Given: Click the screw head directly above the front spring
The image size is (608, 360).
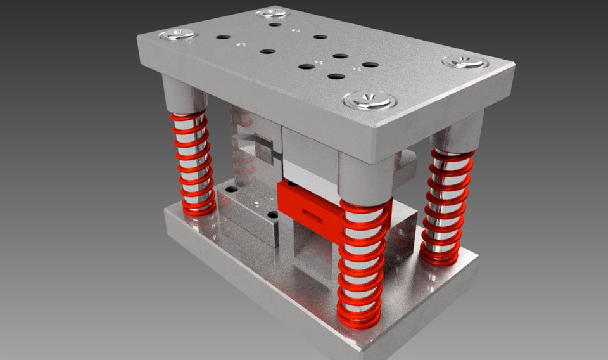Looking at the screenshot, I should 369,100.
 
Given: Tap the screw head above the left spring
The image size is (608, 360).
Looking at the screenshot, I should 177,34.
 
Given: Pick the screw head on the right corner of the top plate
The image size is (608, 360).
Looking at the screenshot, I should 465,61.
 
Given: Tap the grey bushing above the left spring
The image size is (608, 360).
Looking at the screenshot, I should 184,95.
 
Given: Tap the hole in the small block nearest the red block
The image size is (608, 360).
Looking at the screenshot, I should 272,215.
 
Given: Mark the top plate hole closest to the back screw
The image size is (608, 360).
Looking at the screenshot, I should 274,24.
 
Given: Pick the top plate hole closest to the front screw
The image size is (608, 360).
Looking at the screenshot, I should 336,77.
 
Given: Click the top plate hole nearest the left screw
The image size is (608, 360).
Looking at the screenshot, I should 223,37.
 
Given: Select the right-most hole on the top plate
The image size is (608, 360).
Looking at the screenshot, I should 370,65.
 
